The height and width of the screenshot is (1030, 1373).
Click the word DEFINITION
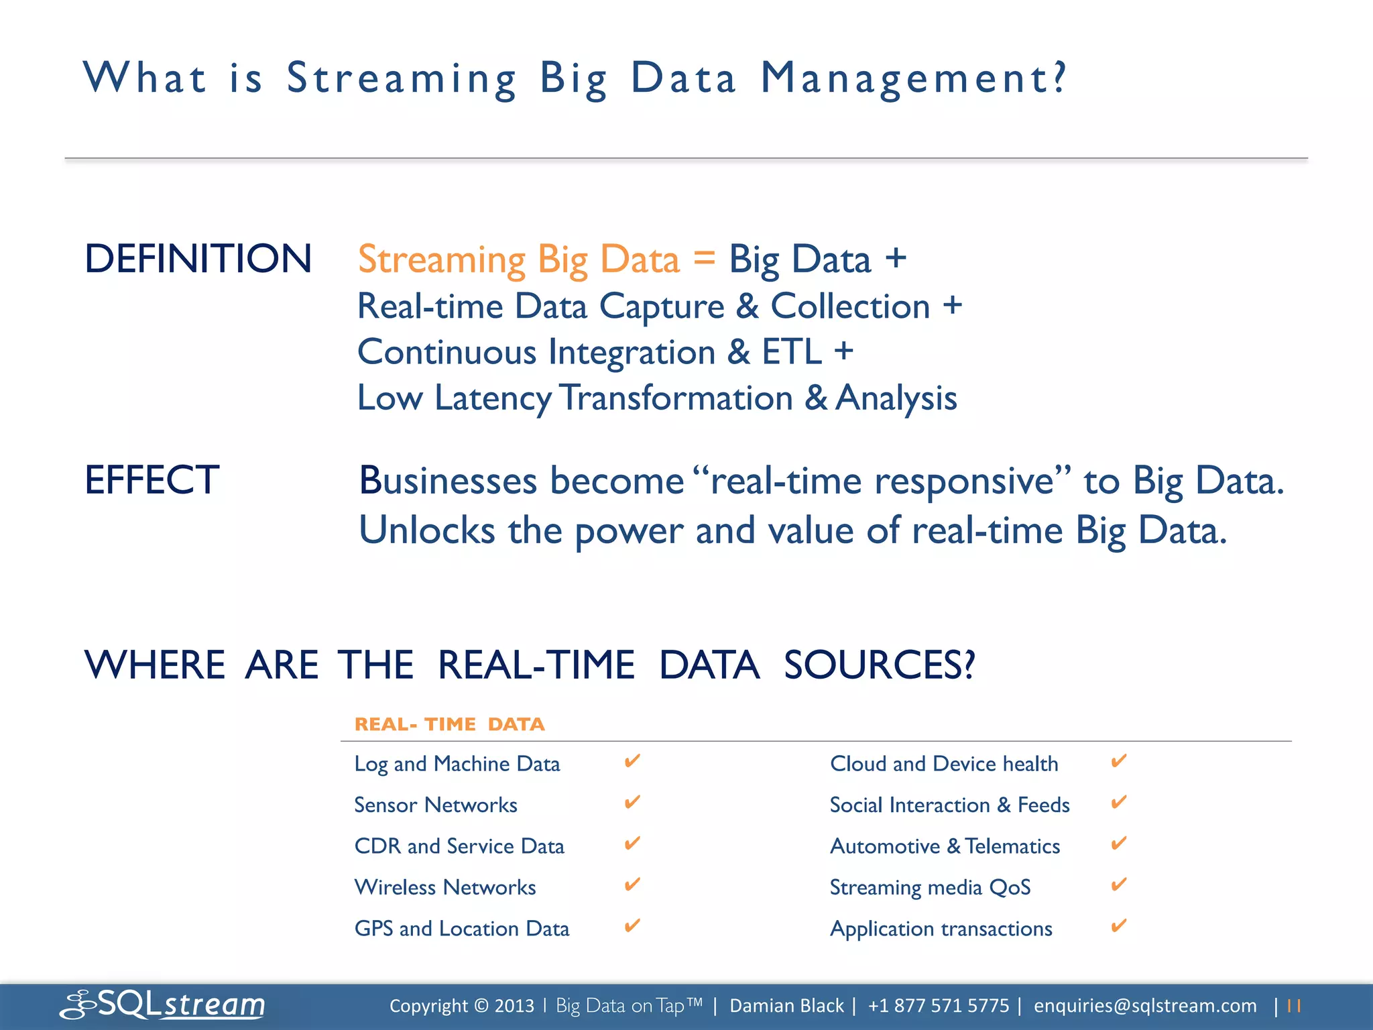(198, 259)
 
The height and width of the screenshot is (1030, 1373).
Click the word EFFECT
(152, 480)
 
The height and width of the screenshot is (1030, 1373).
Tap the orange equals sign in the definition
(704, 258)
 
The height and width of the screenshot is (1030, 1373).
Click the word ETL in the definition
(791, 352)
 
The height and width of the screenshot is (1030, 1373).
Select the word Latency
(493, 398)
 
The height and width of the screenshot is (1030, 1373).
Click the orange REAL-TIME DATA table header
(449, 724)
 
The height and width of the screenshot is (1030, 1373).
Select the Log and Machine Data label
(457, 764)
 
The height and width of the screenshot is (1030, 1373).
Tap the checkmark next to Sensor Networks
(632, 802)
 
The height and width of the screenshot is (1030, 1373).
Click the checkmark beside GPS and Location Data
(632, 926)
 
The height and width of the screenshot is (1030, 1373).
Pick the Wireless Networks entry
(444, 887)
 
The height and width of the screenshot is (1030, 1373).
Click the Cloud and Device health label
(944, 764)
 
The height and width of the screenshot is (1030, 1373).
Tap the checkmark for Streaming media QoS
(1118, 884)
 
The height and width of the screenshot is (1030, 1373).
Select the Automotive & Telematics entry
(945, 846)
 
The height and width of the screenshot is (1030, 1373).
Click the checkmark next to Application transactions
(1118, 926)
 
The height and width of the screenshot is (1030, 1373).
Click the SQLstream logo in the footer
(163, 1005)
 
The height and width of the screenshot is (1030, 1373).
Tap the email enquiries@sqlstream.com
(1145, 1006)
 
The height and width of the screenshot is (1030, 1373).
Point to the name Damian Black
(786, 1006)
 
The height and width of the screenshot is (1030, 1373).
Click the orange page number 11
(1294, 1006)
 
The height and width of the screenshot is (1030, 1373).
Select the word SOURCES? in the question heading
(879, 665)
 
